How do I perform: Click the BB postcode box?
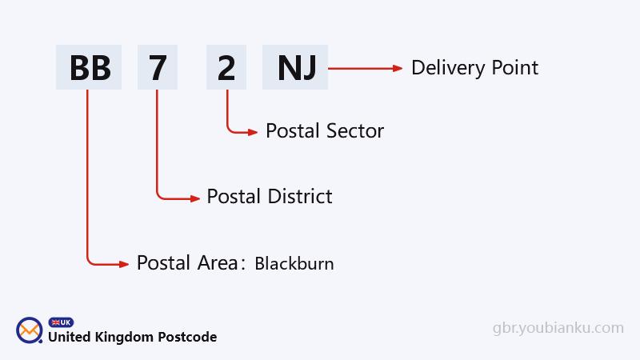[x=89, y=67]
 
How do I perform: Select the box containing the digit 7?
[x=157, y=67]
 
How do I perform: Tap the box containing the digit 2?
[x=226, y=67]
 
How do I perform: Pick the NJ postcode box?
[x=295, y=67]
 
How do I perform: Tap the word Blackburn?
[x=294, y=263]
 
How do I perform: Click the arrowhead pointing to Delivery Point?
[x=398, y=69]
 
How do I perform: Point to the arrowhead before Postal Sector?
[x=253, y=131]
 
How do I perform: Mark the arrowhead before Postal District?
[x=195, y=197]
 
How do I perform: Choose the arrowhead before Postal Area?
[x=124, y=263]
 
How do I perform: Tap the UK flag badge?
[x=61, y=322]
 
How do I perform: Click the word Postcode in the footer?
[x=189, y=337]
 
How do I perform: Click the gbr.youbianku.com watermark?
[x=558, y=327]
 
